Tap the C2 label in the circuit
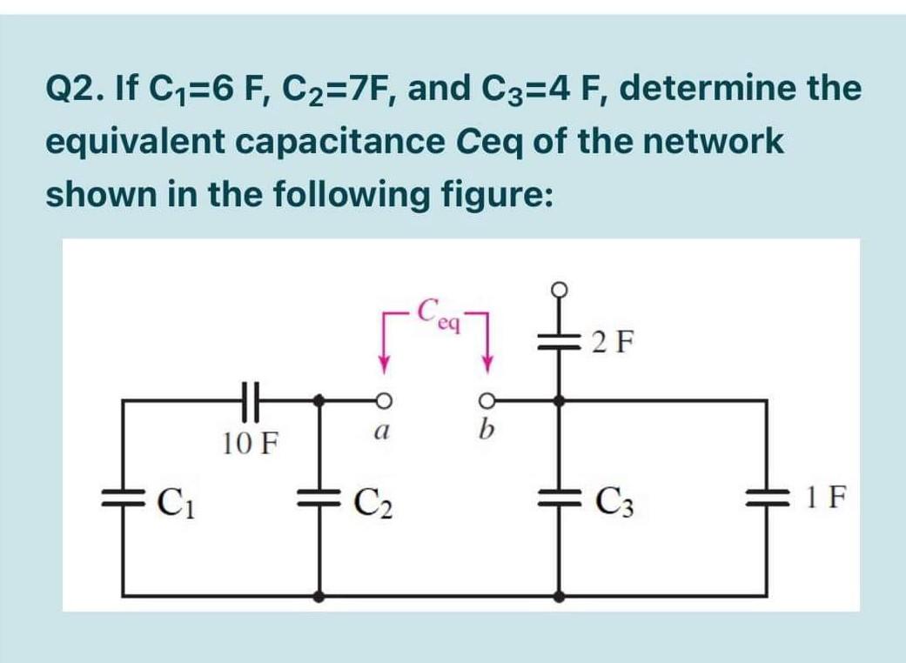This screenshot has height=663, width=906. [372, 503]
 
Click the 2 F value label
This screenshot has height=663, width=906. [612, 341]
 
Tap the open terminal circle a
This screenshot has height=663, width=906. [381, 399]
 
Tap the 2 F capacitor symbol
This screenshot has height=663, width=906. [559, 341]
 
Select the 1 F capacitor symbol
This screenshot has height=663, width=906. [767, 502]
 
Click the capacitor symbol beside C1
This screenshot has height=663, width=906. [122, 502]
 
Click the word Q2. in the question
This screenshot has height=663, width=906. [71, 89]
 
